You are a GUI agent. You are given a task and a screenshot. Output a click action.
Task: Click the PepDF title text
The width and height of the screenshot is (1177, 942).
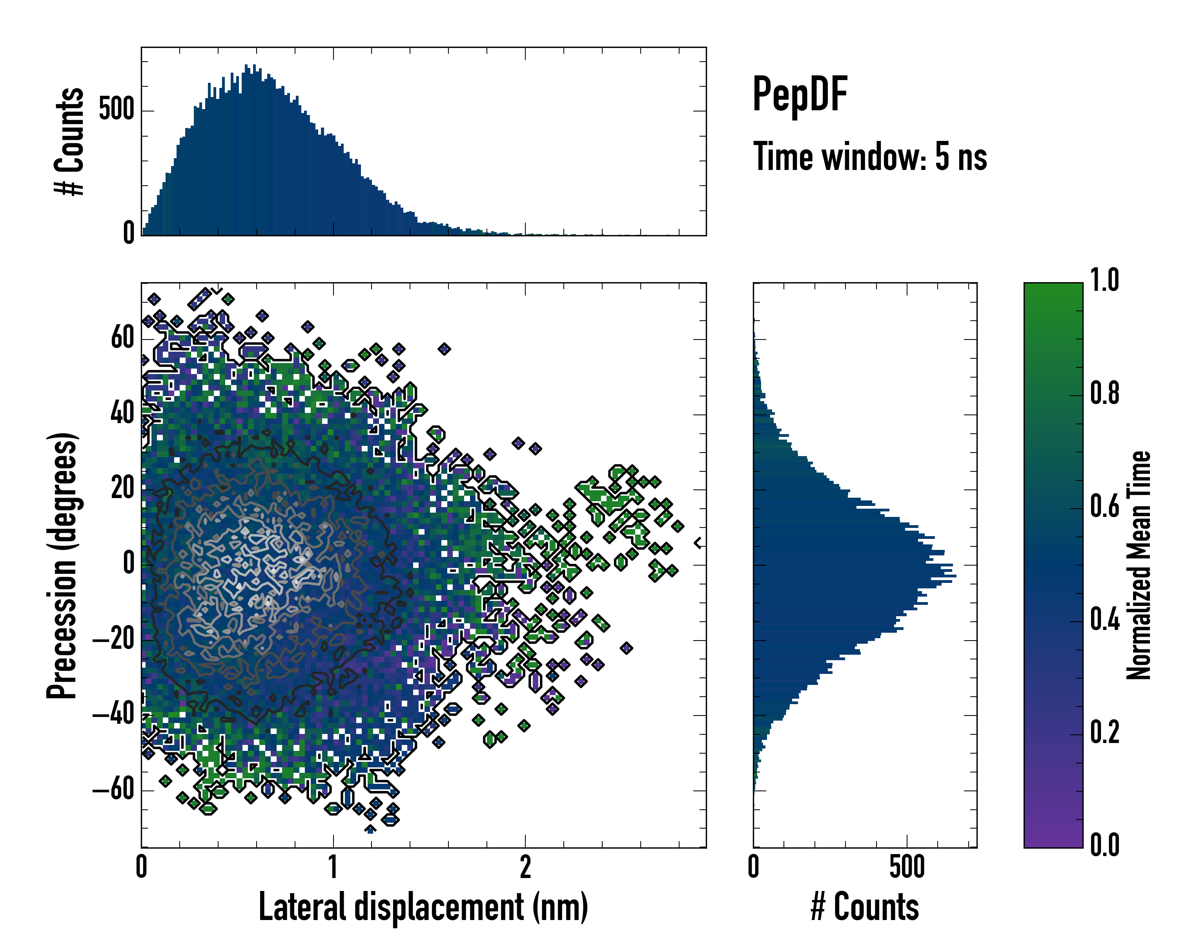coord(799,95)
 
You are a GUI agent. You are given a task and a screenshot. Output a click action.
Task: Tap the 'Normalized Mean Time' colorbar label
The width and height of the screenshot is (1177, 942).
coord(1139,565)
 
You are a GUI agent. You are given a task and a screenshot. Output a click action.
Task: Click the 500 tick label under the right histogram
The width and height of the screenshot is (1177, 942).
coord(907,867)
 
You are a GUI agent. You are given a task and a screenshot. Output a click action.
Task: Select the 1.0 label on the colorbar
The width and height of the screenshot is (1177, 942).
coord(1104,280)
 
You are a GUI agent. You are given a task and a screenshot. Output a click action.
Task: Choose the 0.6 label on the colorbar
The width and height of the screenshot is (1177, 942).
coord(1104,506)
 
